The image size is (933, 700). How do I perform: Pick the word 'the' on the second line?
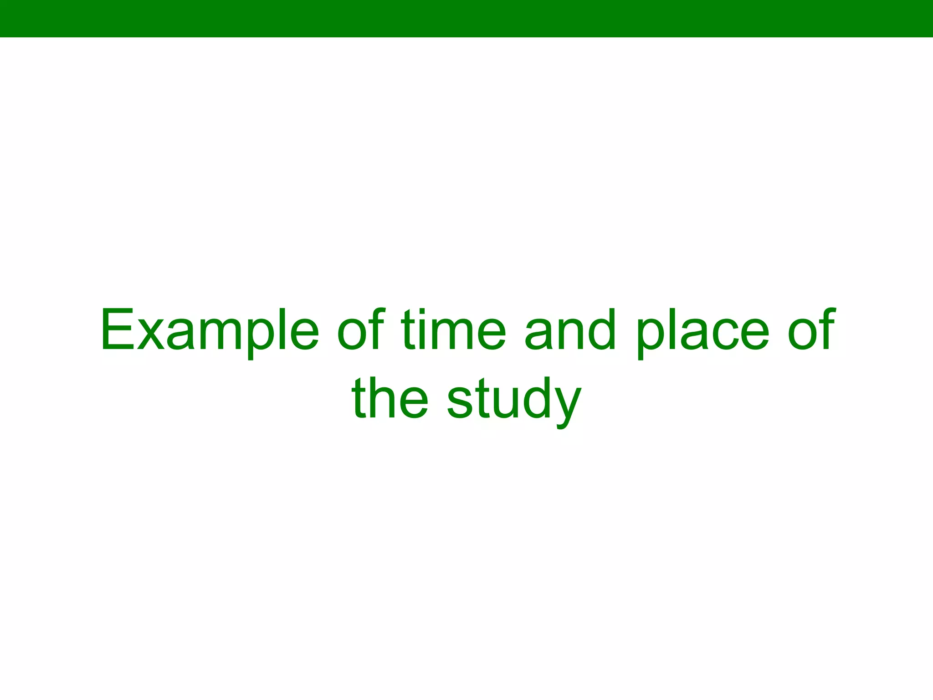coord(390,398)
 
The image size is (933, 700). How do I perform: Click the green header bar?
coord(466,18)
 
